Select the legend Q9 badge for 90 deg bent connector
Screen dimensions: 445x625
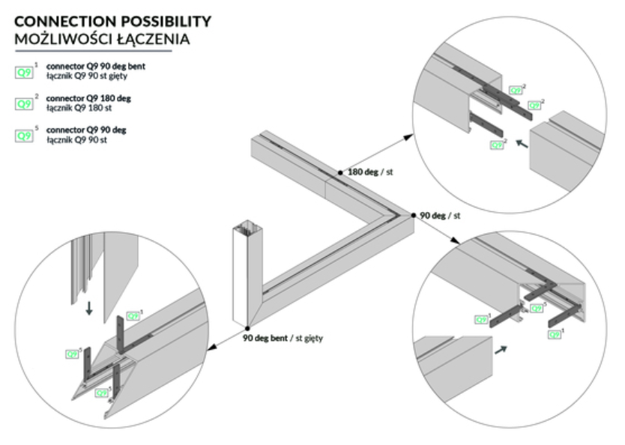click(25, 73)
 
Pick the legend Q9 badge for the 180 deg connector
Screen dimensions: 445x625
click(25, 104)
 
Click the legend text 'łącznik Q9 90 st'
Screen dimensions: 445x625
click(76, 140)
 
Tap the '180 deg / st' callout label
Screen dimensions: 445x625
click(371, 172)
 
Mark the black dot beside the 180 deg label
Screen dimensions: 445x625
click(340, 173)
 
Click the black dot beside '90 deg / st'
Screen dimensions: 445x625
click(413, 216)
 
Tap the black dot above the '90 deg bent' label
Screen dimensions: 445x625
click(246, 329)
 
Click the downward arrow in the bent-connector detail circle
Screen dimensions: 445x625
click(89, 307)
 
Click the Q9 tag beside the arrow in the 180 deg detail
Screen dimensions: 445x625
click(498, 145)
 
